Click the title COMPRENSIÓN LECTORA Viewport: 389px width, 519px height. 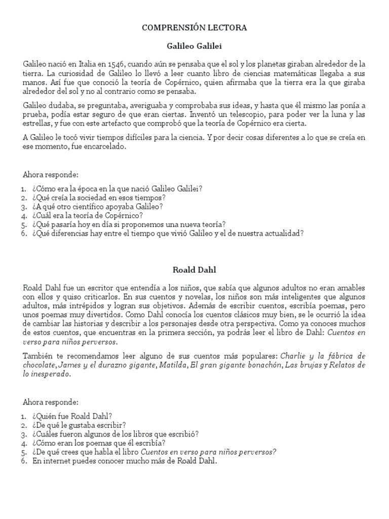[x=194, y=28]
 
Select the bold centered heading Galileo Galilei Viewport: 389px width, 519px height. [x=194, y=46]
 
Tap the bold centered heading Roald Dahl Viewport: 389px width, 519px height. [x=194, y=270]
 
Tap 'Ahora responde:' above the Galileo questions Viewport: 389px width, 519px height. [x=51, y=175]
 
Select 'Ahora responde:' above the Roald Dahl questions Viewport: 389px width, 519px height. [x=51, y=402]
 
